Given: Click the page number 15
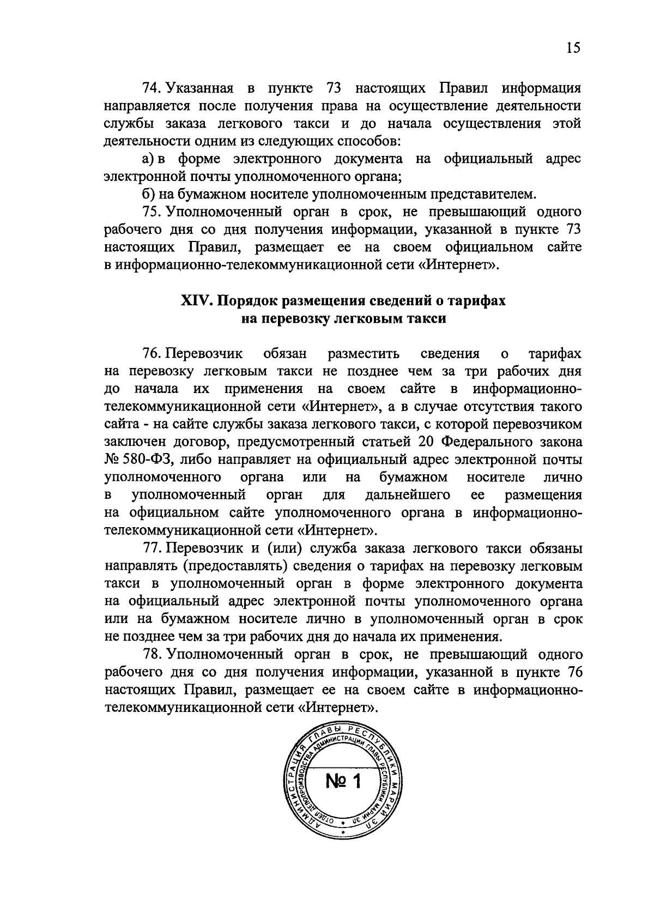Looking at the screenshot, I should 573,48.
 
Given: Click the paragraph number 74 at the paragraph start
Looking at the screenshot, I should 150,88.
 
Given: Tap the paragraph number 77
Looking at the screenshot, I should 150,548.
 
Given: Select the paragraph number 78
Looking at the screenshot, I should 150,654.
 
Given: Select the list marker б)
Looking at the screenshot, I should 147,194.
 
